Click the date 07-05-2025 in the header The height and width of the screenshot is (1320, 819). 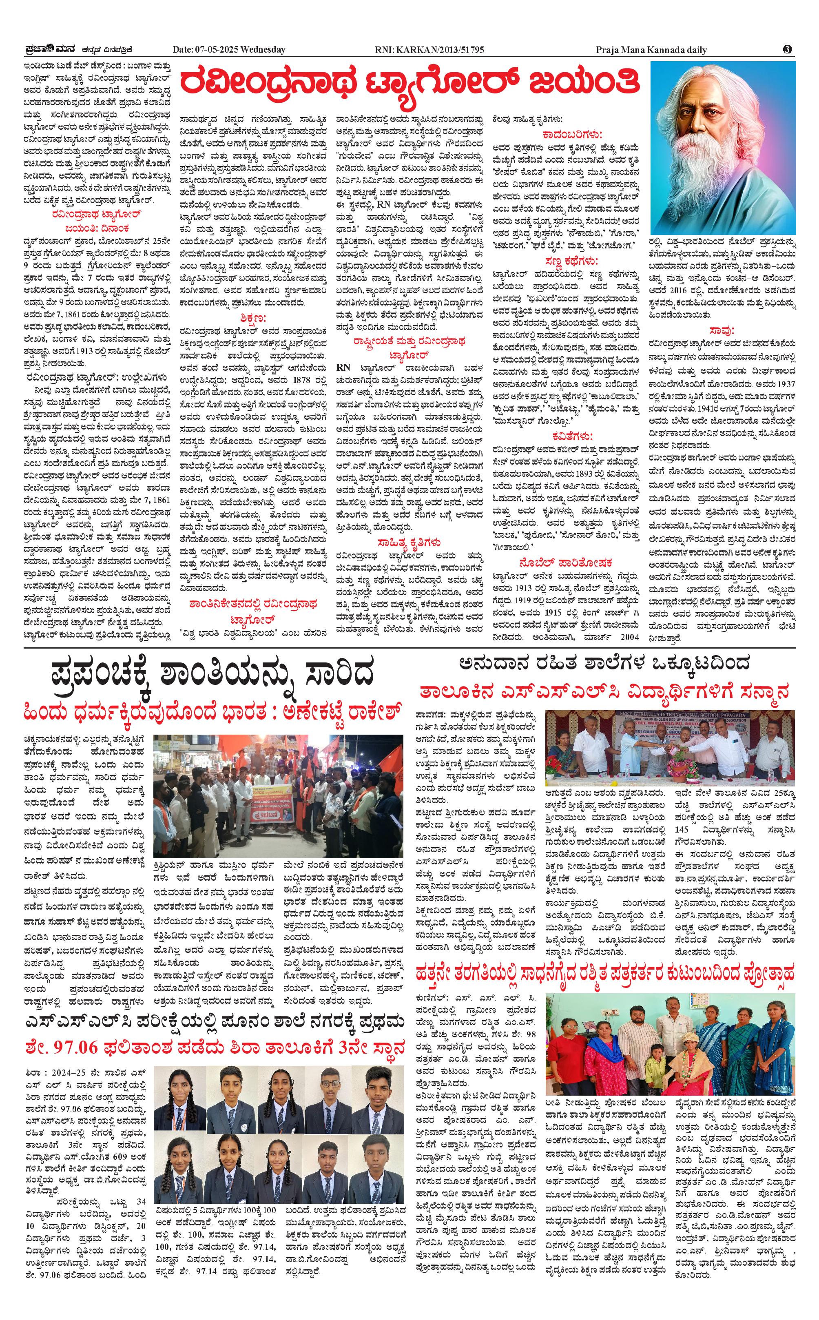(x=217, y=50)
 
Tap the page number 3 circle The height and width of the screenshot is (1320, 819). (x=788, y=49)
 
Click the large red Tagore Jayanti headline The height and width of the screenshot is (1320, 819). (x=409, y=84)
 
